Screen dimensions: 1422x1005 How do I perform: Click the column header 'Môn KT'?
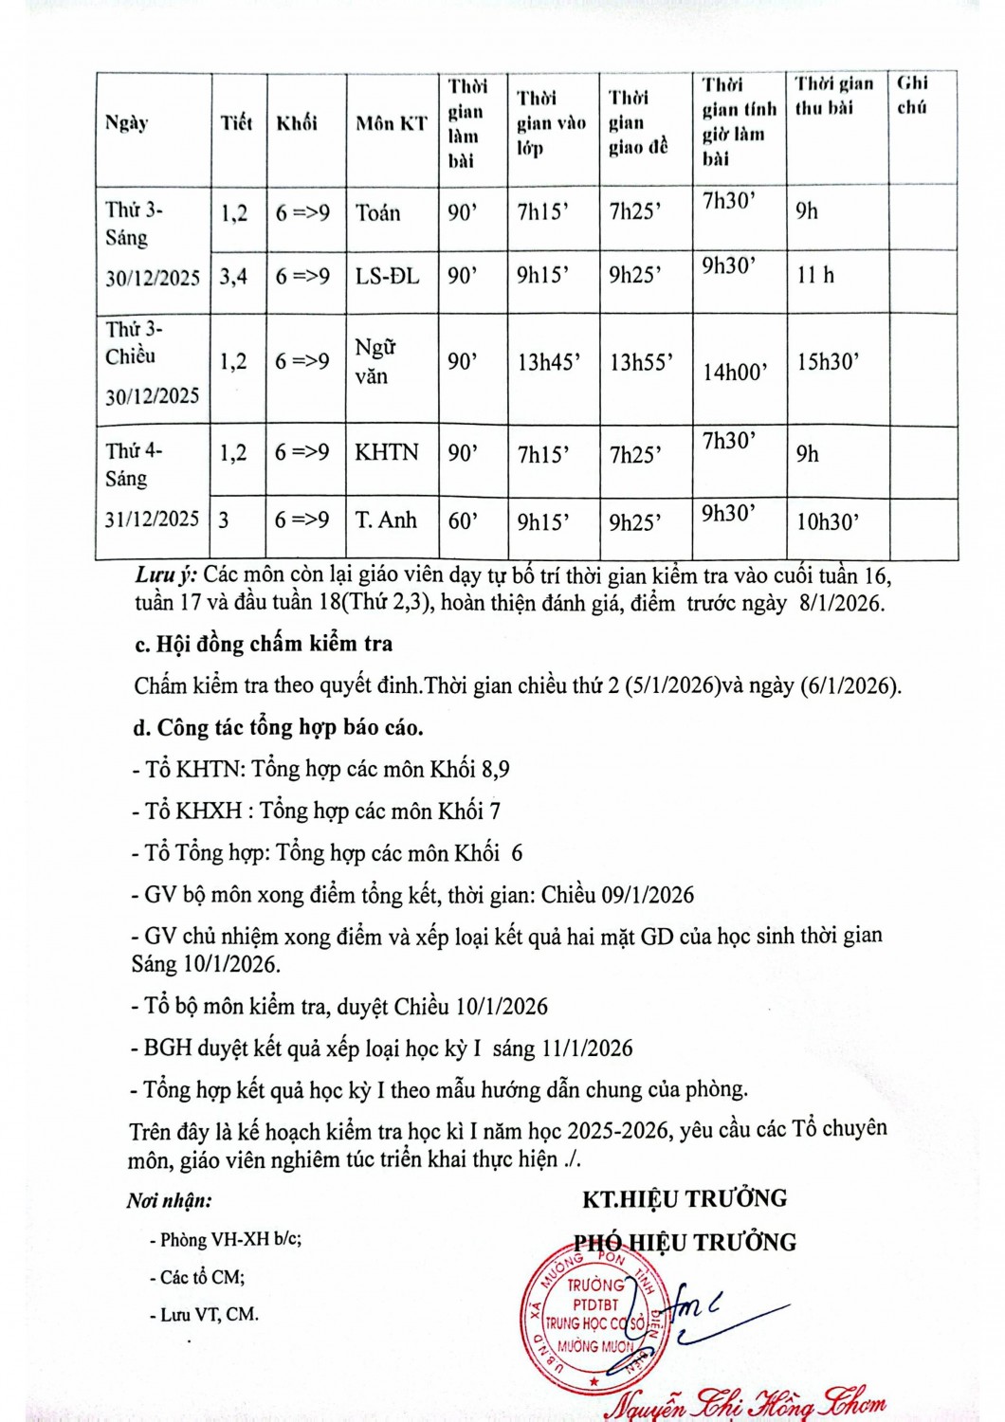pos(391,123)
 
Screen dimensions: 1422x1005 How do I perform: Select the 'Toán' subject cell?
pos(377,213)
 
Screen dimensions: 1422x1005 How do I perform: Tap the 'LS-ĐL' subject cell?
pos(387,277)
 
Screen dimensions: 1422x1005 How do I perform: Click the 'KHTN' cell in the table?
pos(386,452)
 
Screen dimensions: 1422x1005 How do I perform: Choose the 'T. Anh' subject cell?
pos(386,520)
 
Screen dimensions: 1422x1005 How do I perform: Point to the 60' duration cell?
pos(463,520)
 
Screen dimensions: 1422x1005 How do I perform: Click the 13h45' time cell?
pos(549,362)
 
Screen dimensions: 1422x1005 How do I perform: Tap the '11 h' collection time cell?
pos(815,276)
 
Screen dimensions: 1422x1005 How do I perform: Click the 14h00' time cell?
pos(735,373)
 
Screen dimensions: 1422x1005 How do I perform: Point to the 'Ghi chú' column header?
pos(912,95)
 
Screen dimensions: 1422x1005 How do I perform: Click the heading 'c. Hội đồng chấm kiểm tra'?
pos(264,644)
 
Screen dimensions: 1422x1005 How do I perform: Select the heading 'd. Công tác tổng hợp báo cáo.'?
pos(278,727)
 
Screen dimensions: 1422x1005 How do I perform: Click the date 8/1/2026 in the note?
pos(841,603)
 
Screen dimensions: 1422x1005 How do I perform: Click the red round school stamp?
pos(594,1319)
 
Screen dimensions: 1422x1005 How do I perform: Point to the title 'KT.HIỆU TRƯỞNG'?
pos(685,1199)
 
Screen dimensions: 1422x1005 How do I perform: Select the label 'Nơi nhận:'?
pos(169,1201)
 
